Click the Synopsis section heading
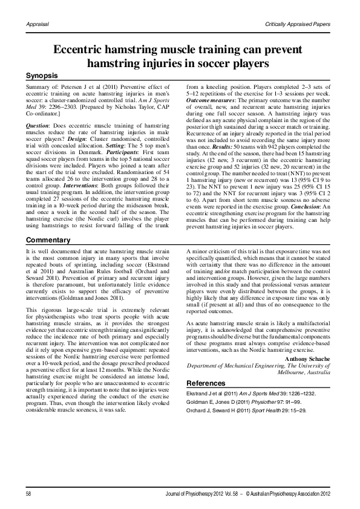(x=42, y=76)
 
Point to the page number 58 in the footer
(x=28, y=494)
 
